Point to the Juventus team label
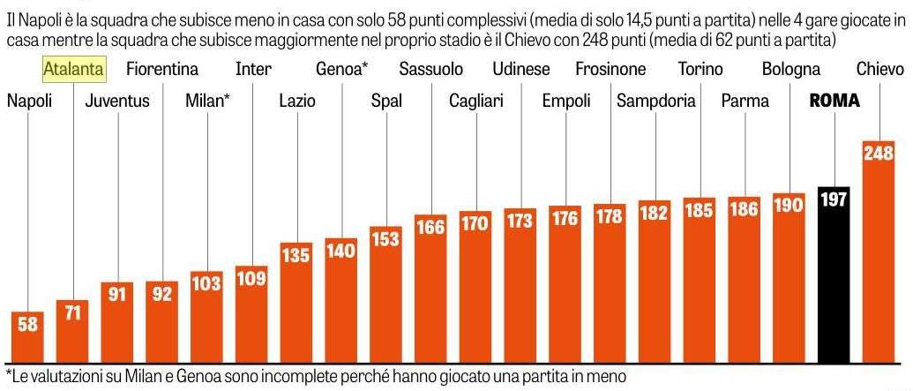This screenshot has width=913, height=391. pos(117,102)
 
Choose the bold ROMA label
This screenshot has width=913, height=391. pos(834,102)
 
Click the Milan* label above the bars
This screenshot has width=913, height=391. pos(208,102)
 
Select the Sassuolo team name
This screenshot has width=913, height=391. pos(434,69)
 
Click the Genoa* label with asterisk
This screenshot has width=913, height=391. pos(342,69)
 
